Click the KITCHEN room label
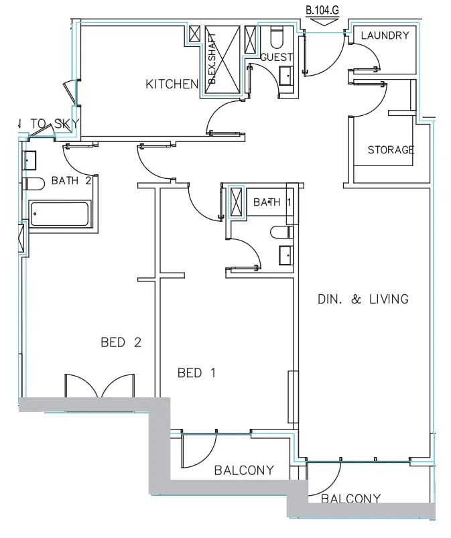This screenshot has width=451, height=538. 172,84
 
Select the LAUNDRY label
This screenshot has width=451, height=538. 385,36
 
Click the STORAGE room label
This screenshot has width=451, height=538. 391,150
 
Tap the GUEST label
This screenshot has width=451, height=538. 276,58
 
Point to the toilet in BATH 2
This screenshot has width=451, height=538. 31,184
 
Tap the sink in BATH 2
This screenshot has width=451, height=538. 29,160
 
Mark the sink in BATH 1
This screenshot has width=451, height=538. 285,255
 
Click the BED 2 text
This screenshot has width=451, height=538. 121,342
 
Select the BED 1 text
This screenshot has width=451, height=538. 196,373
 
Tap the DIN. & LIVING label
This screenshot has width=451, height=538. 363,299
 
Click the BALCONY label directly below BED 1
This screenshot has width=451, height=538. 244,470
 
